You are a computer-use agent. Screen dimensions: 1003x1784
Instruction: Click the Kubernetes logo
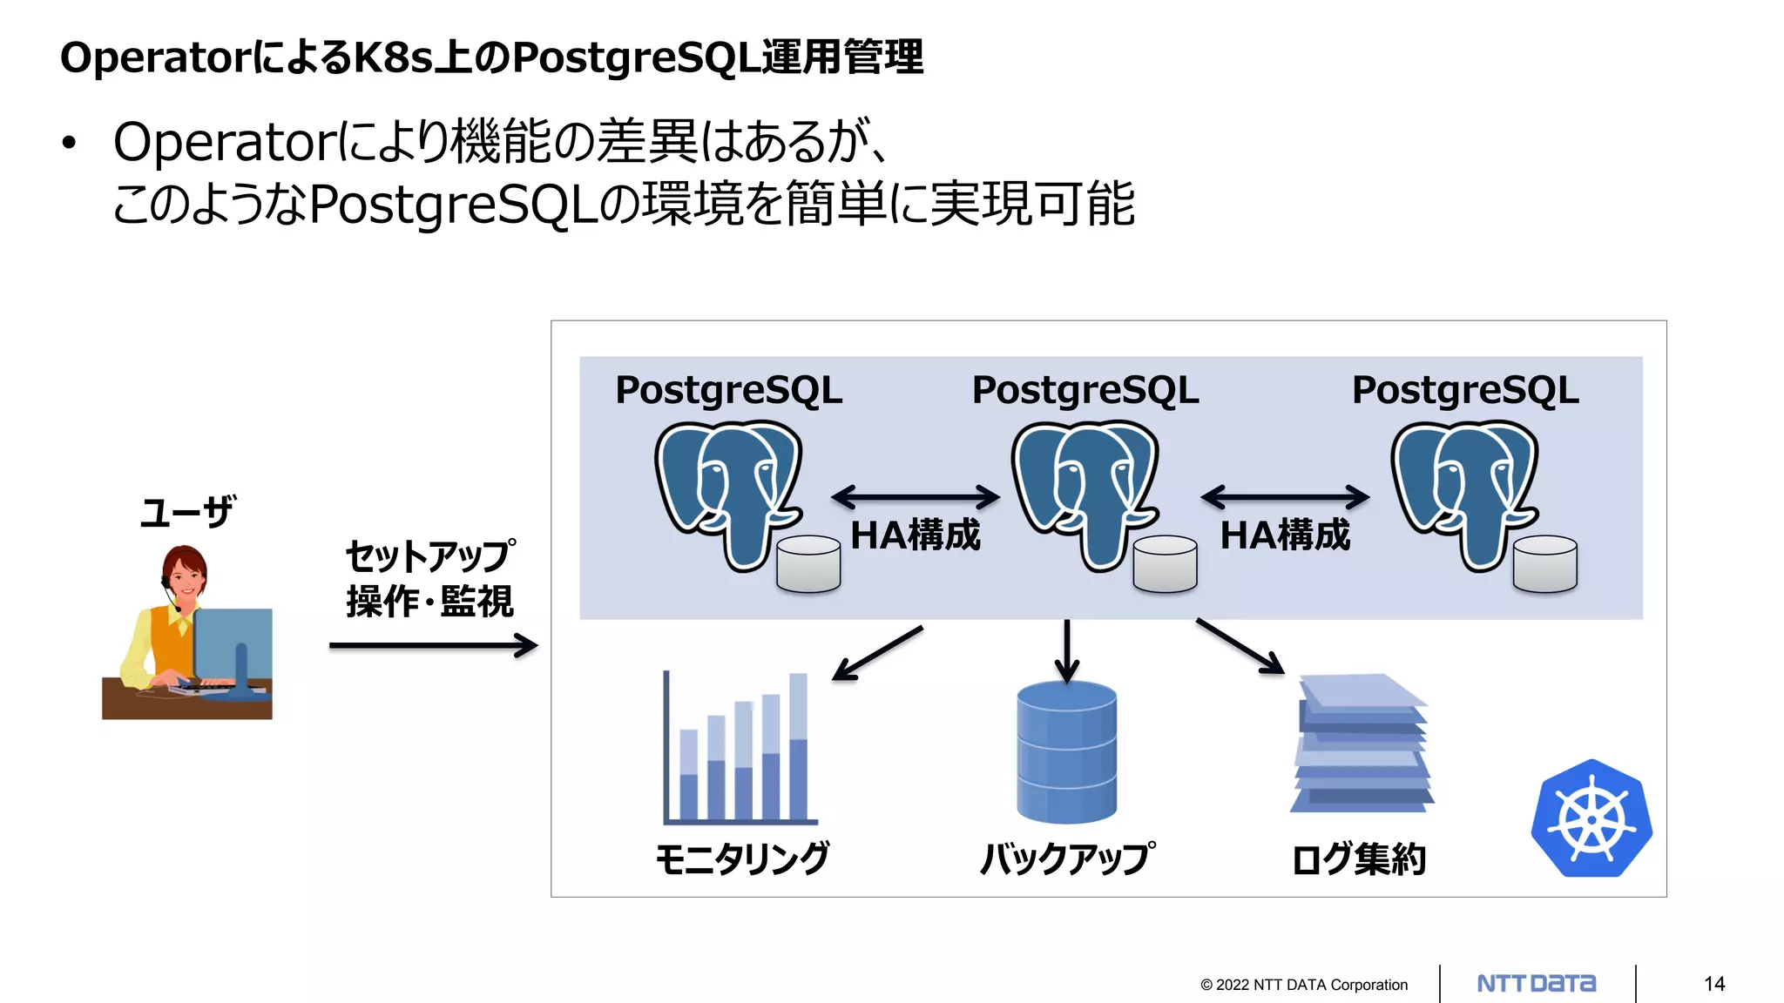pos(1591,819)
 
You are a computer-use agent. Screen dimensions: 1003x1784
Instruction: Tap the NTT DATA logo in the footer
pos(1537,984)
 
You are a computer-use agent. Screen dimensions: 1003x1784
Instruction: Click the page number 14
pos(1714,984)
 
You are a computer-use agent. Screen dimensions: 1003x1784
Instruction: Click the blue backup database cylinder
pos(1066,752)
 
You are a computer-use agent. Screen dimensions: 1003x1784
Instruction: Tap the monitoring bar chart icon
pos(739,749)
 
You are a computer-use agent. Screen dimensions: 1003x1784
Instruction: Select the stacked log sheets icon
pos(1362,744)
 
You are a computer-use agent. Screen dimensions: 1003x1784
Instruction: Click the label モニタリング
pos(742,859)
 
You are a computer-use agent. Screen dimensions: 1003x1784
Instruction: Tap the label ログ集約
pos(1359,859)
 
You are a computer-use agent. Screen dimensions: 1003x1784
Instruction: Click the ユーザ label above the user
pos(187,512)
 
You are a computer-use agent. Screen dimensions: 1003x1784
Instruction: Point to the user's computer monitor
pos(233,644)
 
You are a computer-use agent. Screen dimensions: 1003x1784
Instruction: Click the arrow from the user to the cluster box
pos(433,646)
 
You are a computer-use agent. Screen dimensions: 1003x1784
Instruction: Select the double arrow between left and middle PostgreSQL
pos(916,497)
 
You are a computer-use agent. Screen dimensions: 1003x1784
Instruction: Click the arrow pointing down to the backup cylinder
pos(1066,650)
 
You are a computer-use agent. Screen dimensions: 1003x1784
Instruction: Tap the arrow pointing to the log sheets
pos(1240,646)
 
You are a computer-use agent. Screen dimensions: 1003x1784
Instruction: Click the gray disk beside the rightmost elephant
pos(1544,564)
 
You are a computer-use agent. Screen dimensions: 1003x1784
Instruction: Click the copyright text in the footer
pos(1303,985)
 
